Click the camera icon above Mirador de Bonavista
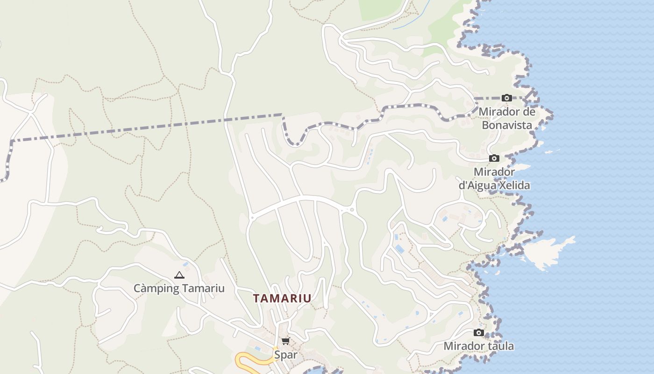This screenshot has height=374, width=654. point(507,98)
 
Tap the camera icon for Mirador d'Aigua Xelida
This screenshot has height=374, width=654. point(494,158)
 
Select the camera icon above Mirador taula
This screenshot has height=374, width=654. point(479,333)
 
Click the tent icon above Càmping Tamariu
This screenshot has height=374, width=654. point(179,275)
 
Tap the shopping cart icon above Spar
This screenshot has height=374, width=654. point(285,341)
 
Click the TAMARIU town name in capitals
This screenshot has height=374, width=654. point(282,298)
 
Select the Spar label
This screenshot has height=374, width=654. point(285,355)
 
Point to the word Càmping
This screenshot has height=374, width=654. point(156,288)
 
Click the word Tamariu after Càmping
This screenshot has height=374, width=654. point(203,288)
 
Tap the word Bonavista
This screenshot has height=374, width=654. point(507,125)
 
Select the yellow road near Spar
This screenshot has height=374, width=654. point(252,360)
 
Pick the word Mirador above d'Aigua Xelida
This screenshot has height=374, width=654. point(494,172)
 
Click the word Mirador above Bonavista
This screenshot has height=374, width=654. point(498,112)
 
